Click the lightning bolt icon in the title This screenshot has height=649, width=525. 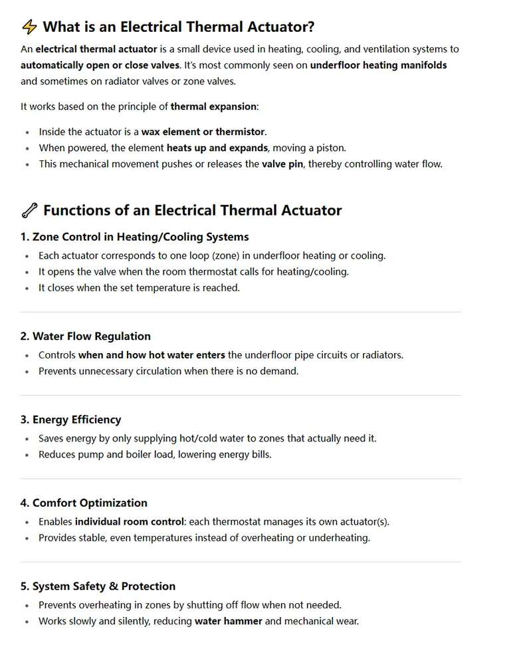[29, 27]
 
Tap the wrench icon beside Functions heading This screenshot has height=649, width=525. [29, 211]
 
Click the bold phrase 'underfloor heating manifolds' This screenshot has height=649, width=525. [378, 65]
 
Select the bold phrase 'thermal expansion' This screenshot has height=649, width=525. [215, 106]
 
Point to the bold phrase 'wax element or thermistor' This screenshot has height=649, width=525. [203, 132]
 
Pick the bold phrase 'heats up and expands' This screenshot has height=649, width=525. [217, 148]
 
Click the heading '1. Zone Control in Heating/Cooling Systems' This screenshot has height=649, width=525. [134, 237]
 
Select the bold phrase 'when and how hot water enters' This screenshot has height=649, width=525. [151, 355]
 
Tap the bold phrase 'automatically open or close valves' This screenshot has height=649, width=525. [100, 65]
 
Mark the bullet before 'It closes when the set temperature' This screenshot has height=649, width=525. [27, 289]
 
